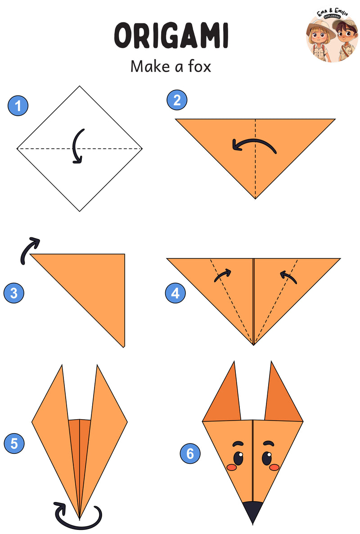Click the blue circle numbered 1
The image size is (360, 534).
coord(18,105)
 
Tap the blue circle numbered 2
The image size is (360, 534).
coord(177,100)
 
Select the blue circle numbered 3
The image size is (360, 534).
coord(14,293)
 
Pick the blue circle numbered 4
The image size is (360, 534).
coord(175,293)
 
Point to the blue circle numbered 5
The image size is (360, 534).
coord(14,443)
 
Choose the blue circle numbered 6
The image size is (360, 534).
coord(190,453)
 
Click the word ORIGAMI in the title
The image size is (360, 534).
coord(171,35)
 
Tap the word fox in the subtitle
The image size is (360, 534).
coord(200,66)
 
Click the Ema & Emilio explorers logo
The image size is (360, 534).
coord(332,36)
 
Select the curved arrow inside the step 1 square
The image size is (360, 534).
coord(75,146)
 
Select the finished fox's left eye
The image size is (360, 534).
coord(238,458)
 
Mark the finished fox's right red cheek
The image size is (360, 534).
coord(274,467)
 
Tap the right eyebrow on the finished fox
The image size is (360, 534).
coord(269,443)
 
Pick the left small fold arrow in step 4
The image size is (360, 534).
coord(223,275)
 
